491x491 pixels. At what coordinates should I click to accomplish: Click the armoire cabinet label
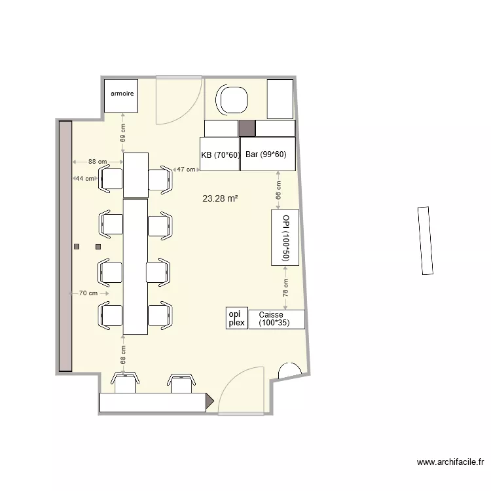tap(122, 94)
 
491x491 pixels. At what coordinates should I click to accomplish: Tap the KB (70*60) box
tap(219, 155)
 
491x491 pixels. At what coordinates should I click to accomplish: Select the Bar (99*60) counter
tap(267, 155)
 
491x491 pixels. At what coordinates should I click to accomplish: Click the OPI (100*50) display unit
tap(285, 238)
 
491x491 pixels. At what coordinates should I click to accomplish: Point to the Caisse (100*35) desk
tap(277, 319)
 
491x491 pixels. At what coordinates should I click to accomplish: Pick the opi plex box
tap(237, 319)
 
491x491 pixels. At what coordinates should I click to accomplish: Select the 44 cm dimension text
tap(84, 178)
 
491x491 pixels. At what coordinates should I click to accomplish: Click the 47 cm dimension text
tap(187, 170)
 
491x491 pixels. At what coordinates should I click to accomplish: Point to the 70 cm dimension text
tap(88, 293)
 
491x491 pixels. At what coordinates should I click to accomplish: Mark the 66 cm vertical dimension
tap(278, 191)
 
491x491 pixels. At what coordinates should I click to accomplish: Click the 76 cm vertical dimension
tap(285, 288)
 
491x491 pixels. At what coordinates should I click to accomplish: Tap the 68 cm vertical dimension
tap(123, 355)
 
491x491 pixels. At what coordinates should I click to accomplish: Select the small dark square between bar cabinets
tap(246, 128)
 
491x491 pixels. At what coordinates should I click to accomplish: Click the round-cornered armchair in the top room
tap(234, 100)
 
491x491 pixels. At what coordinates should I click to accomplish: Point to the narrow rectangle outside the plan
tap(425, 240)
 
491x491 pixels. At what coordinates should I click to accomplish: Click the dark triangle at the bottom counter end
tap(209, 401)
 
